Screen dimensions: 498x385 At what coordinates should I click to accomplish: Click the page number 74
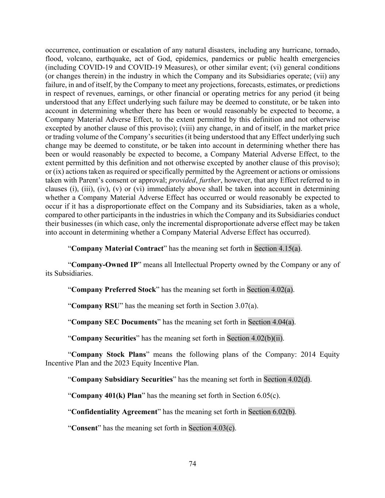[x=192, y=464]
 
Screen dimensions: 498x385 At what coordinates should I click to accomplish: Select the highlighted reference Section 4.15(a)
[x=277, y=248]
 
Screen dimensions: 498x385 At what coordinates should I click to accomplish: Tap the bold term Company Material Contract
[x=117, y=248]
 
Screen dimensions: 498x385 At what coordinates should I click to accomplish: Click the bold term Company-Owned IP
[x=104, y=265]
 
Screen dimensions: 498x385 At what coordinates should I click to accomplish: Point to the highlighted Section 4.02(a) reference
[x=270, y=290]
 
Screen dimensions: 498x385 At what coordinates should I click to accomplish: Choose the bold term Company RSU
[x=95, y=306]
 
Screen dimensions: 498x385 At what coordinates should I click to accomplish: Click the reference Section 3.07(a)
[x=234, y=306]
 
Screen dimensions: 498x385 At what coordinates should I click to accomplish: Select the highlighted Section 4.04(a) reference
[x=271, y=322]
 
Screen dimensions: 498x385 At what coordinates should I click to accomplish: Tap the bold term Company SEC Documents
[x=114, y=322]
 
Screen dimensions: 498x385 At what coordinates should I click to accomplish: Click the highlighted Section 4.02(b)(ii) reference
[x=255, y=338]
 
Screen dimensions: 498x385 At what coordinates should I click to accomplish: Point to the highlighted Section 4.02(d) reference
[x=287, y=379]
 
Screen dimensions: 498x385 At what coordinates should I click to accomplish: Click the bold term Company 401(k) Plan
[x=107, y=395]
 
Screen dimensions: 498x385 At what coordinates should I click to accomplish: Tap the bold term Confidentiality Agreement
[x=114, y=412]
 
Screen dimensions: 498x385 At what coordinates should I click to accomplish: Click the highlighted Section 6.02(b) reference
[x=271, y=412]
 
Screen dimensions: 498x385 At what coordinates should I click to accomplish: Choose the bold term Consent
[x=84, y=428]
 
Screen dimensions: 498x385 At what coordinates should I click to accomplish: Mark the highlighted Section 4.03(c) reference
[x=211, y=428]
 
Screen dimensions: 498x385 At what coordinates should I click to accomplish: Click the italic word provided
[x=182, y=180]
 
